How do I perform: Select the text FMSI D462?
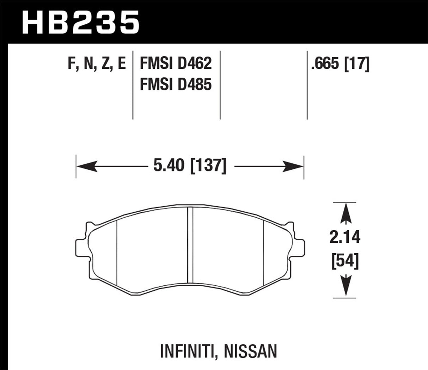tap(176, 63)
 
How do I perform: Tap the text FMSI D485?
tap(176, 85)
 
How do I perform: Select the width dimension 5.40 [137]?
tap(190, 166)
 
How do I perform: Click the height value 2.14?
tap(345, 237)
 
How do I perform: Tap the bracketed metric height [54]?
tap(345, 261)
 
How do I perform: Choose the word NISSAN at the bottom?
tap(252, 351)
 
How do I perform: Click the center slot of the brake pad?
tap(190, 244)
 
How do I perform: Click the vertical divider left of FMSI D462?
tap(133, 85)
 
